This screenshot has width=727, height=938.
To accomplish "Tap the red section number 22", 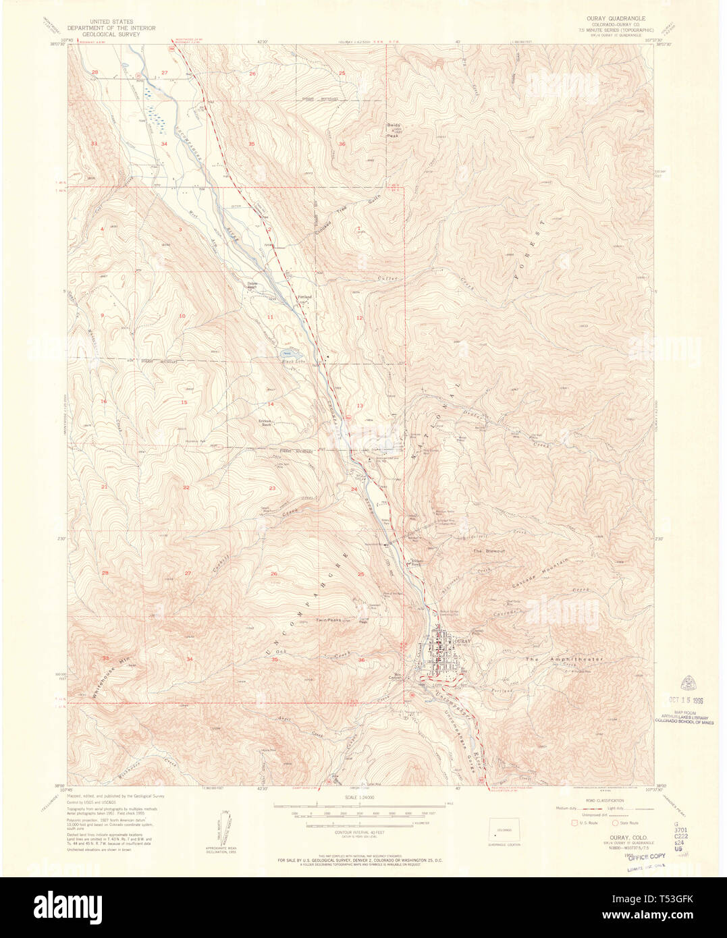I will coord(186,487).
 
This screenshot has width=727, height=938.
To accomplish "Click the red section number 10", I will coord(182,316).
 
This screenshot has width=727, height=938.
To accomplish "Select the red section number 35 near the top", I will coord(251,144).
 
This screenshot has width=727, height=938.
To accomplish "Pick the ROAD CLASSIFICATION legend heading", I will coord(605,800).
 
